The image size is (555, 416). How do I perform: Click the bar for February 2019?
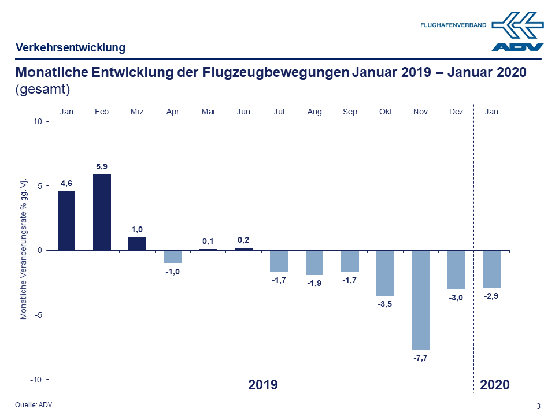click(x=102, y=212)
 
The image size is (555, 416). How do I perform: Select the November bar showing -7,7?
click(x=421, y=299)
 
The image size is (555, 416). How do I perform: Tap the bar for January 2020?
click(x=491, y=269)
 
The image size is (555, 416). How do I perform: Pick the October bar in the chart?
click(x=385, y=273)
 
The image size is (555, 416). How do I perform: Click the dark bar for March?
click(x=137, y=244)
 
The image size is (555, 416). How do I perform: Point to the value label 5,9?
click(x=102, y=167)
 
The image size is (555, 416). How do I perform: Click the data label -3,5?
click(x=385, y=304)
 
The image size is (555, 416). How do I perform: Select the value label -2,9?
click(x=491, y=296)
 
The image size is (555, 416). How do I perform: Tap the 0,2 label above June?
click(x=243, y=240)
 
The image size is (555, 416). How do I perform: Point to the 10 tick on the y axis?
click(x=38, y=121)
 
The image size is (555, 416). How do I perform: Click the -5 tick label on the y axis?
click(x=38, y=315)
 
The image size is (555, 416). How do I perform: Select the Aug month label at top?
click(x=314, y=112)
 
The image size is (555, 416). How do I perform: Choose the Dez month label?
click(x=456, y=112)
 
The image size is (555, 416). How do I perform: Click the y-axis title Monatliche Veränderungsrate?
click(x=24, y=248)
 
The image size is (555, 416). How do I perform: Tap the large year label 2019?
click(x=263, y=385)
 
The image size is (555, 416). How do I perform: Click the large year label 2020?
click(x=495, y=385)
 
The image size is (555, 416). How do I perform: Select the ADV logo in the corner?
click(x=517, y=32)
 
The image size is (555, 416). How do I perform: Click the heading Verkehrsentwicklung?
click(x=71, y=47)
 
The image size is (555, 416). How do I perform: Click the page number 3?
click(x=538, y=406)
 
